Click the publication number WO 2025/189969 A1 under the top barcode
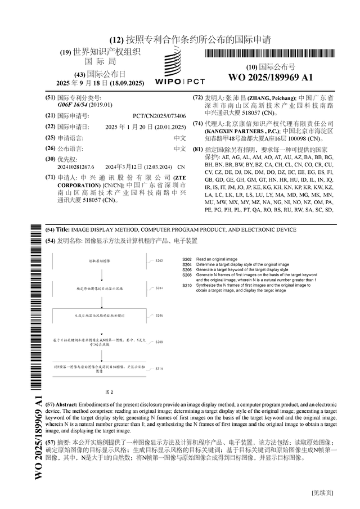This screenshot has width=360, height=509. [x=270, y=77]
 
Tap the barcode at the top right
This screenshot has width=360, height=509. [x=271, y=54]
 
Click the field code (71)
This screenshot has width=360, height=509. [x=50, y=177]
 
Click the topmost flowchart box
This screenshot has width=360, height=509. [x=102, y=262]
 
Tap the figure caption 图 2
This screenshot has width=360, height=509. [x=110, y=391]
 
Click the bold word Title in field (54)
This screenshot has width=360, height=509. [x=64, y=230]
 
